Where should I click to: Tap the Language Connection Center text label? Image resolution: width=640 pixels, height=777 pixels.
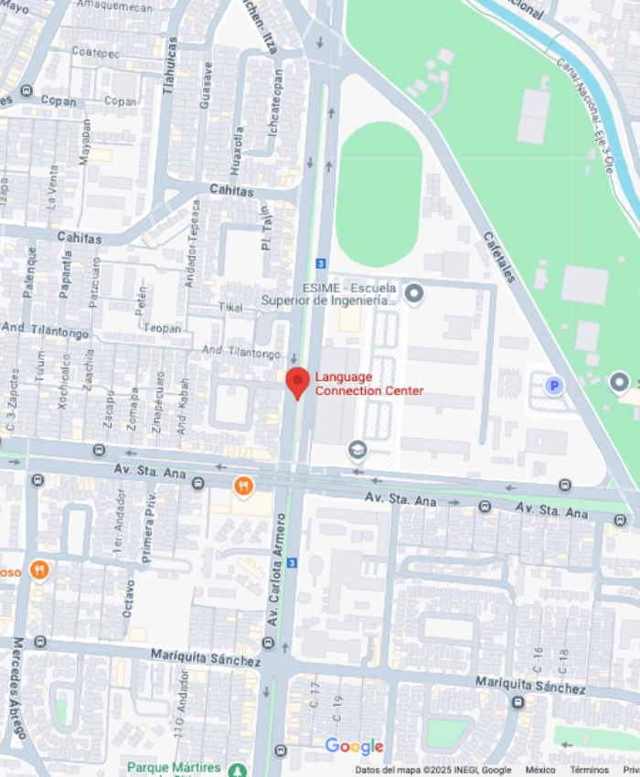368,384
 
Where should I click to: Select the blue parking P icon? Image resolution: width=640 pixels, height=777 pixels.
554,386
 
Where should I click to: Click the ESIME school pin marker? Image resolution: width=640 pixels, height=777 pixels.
414,293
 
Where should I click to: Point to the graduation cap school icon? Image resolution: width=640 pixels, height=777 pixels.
357,450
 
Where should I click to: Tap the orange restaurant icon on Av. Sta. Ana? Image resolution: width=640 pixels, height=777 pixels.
243,485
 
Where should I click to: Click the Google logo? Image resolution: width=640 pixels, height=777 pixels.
354,747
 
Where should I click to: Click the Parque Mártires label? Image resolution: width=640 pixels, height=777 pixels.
174,767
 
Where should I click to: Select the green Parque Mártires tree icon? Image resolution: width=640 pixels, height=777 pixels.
238,770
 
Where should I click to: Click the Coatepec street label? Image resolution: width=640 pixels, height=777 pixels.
95,53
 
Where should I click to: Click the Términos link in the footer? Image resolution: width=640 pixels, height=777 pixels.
589,771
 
